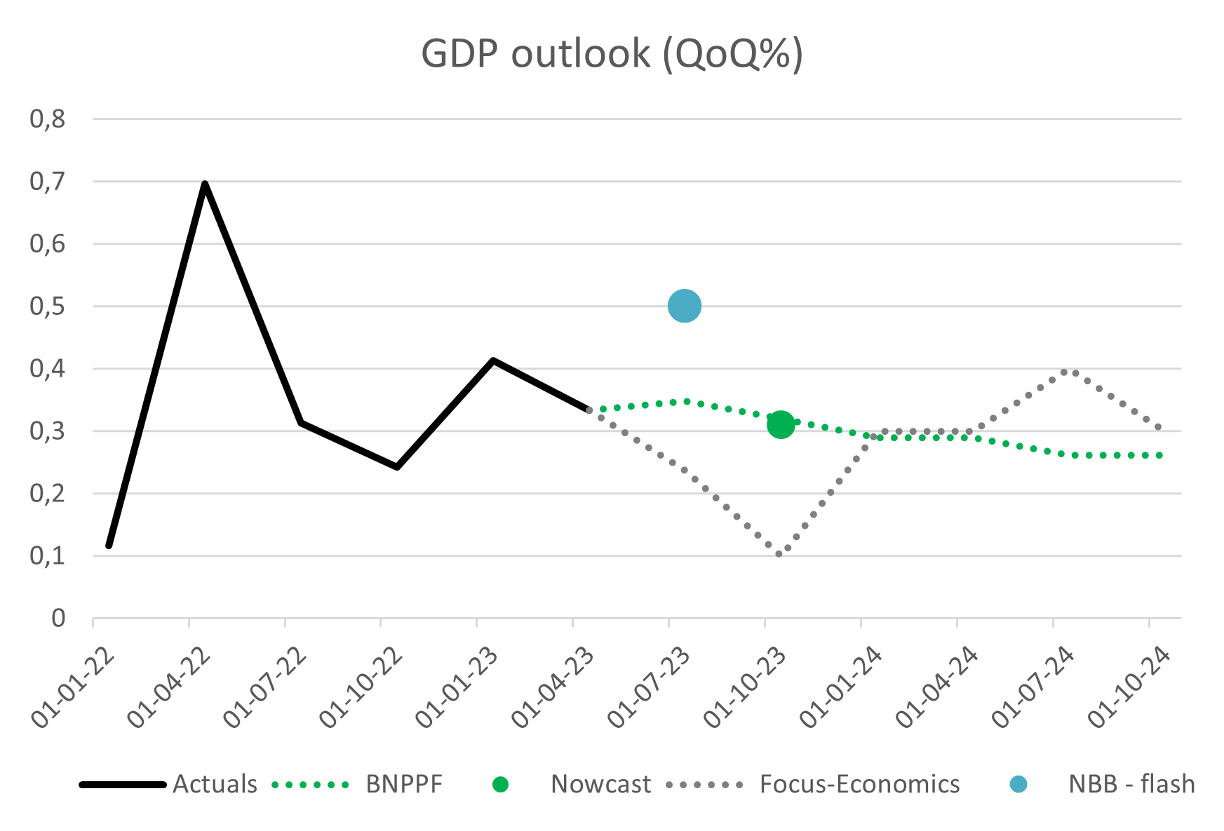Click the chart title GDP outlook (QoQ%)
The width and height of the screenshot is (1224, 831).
pos(612,54)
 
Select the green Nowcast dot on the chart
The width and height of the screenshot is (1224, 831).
pos(780,424)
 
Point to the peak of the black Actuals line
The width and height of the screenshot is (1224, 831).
pos(205,184)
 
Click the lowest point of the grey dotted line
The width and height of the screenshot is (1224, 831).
pos(779,554)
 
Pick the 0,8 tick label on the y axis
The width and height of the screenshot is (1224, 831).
pos(48,119)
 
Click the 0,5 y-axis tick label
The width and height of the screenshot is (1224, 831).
pos(48,306)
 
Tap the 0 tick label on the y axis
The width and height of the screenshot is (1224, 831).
pos(58,619)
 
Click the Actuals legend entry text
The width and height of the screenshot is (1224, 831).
pos(215,784)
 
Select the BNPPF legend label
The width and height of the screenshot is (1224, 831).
pos(404,784)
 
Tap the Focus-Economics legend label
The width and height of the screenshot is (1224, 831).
pos(859,784)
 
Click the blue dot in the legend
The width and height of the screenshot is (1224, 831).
pos(1018,784)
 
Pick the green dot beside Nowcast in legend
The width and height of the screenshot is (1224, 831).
pos(500,784)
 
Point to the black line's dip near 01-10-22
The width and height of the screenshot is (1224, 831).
pos(397,466)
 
